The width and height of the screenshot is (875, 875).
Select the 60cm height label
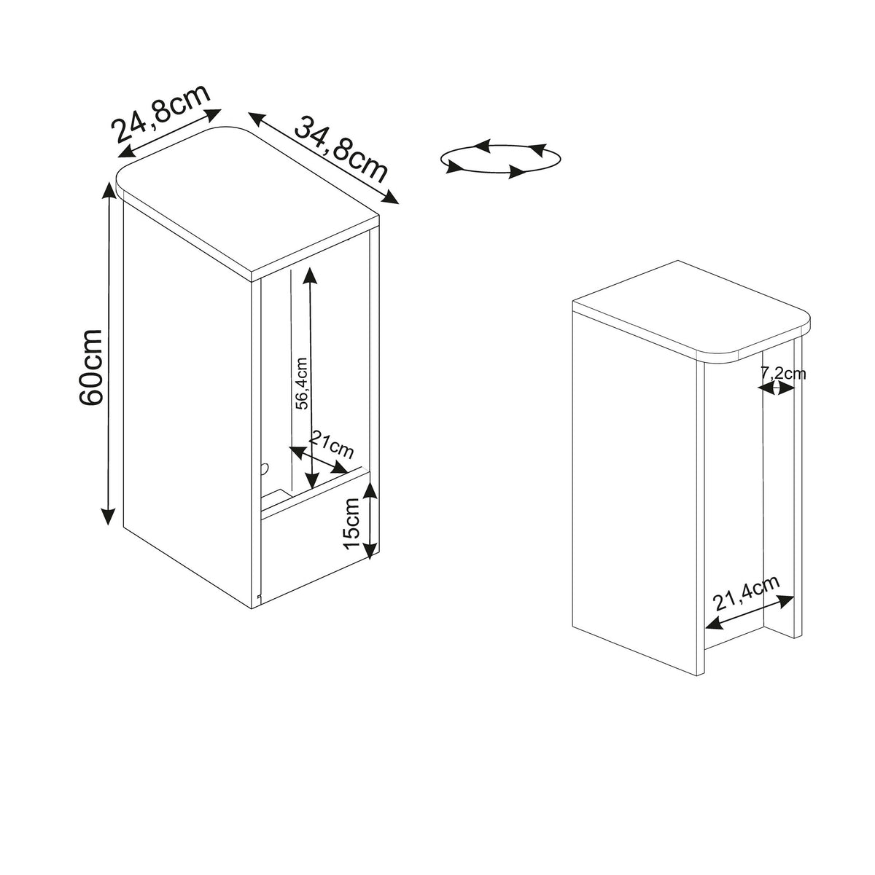pos(90,366)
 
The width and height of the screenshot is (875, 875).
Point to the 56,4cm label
pos(301,384)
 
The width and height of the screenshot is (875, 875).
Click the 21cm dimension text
pos(331,444)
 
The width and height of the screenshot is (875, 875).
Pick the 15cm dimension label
pos(351,524)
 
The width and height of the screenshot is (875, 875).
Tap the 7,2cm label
pos(782,373)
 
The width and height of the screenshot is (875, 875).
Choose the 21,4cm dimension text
pos(747,594)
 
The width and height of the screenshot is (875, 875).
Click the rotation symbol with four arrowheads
pos(500,159)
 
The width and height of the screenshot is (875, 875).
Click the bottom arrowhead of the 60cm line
pos(108,516)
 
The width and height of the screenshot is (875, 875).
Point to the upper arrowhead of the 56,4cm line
pos(310,275)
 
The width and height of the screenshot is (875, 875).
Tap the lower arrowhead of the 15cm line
pos(371,550)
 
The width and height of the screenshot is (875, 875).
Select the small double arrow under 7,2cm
pos(776,388)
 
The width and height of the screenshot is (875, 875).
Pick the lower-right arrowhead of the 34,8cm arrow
pos(389,197)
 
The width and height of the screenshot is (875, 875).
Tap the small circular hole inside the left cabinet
pos(264,469)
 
